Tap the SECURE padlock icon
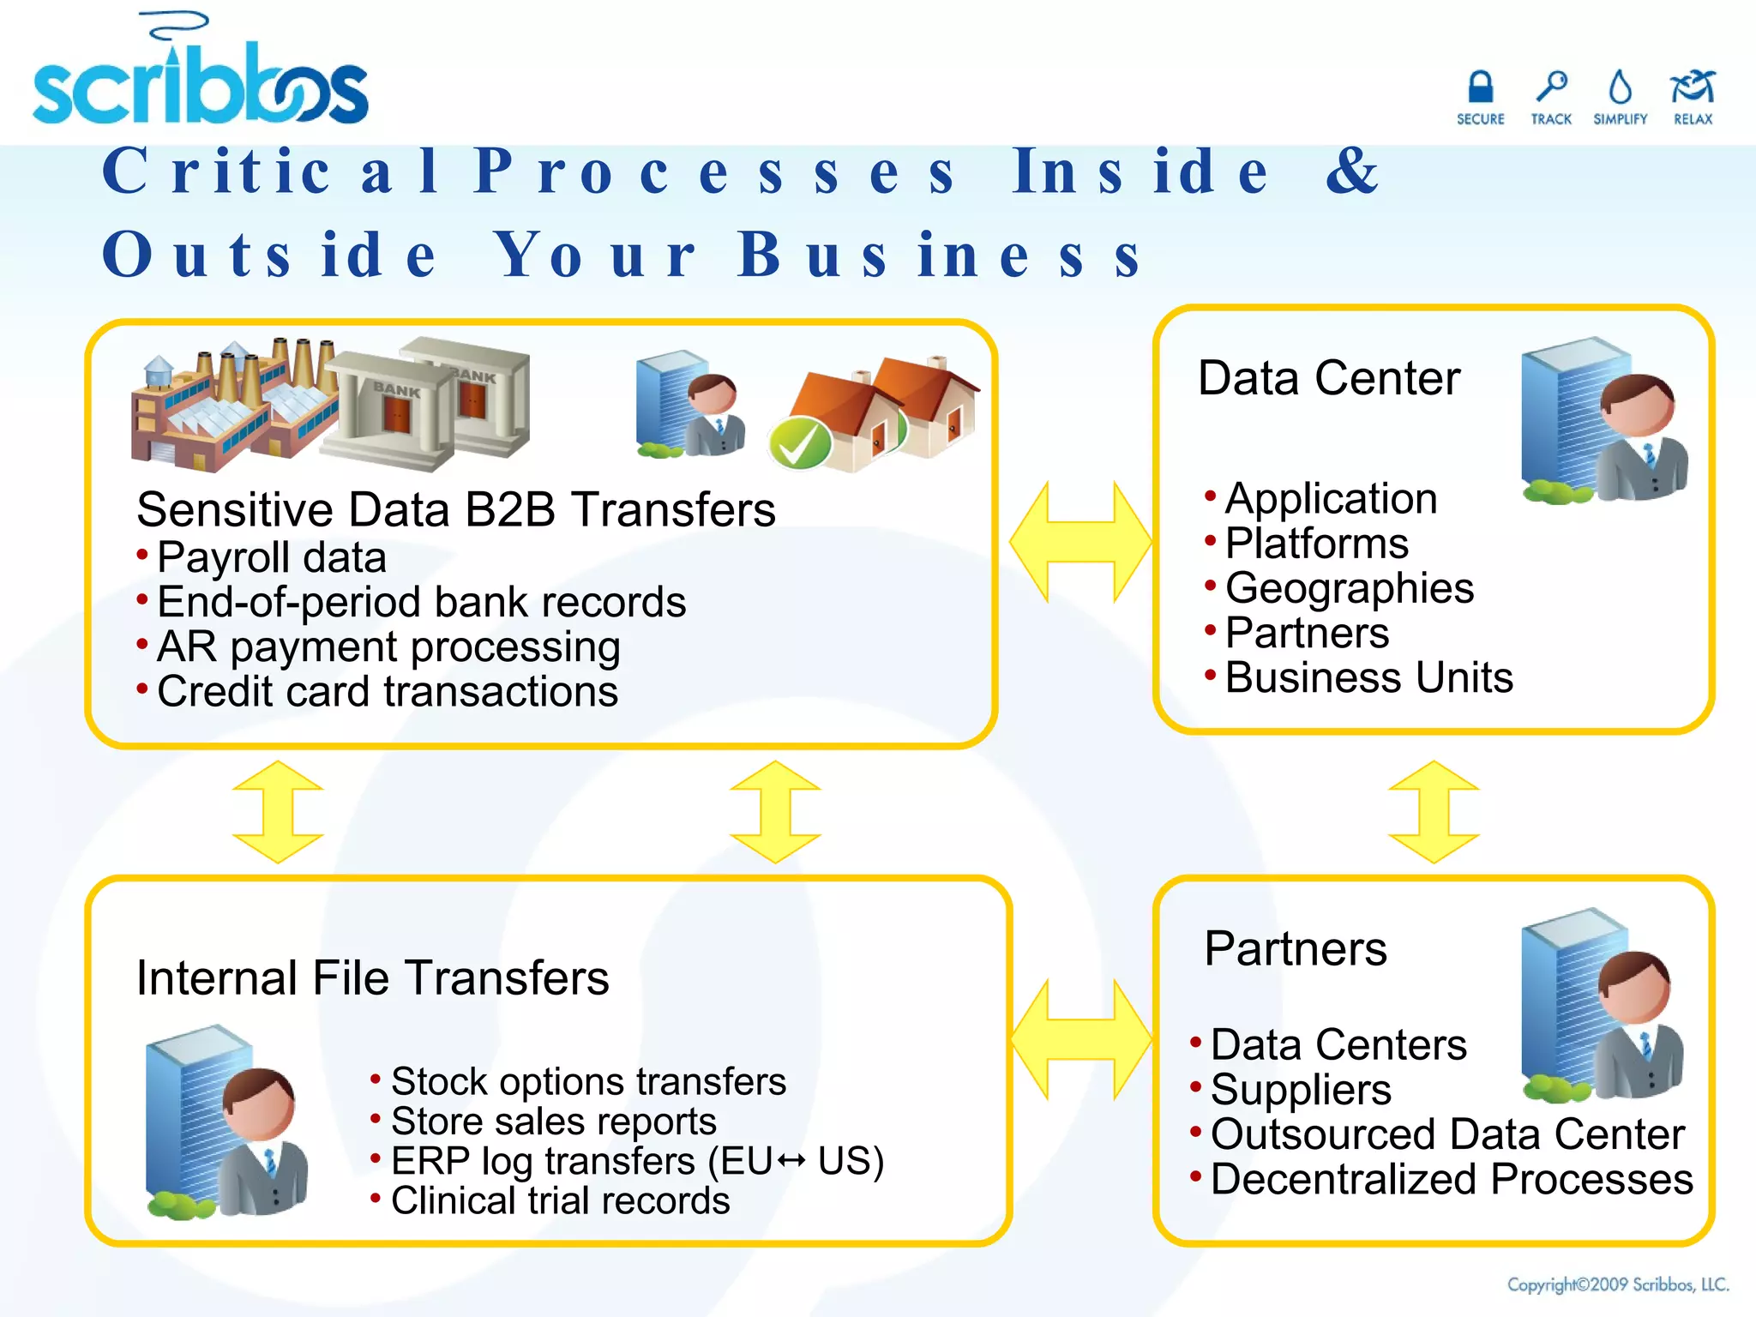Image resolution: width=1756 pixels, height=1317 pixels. (x=1480, y=87)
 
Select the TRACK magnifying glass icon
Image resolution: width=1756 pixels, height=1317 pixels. (x=1551, y=87)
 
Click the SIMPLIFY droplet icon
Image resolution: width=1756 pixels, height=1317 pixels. (x=1620, y=87)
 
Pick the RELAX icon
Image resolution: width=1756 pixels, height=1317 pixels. (x=1692, y=87)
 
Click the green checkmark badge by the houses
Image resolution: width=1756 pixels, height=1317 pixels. (x=799, y=443)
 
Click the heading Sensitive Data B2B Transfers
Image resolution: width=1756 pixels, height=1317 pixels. (x=455, y=509)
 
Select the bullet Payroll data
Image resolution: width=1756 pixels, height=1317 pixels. (x=271, y=557)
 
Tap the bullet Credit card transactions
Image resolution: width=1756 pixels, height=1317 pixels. (x=387, y=691)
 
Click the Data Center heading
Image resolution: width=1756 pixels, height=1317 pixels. (x=1328, y=378)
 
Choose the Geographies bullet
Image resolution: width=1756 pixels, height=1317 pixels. (x=1349, y=588)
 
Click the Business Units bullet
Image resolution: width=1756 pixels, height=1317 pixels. (x=1368, y=677)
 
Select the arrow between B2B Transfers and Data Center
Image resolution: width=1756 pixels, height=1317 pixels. (x=1080, y=542)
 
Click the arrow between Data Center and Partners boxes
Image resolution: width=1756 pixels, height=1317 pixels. (x=1434, y=811)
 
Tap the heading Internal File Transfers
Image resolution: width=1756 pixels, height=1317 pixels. (x=372, y=977)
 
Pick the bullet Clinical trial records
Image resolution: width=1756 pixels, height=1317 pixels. (x=560, y=1200)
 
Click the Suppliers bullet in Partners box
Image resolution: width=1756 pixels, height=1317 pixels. (x=1300, y=1090)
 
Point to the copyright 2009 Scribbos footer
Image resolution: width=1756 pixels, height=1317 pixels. (x=1617, y=1284)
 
